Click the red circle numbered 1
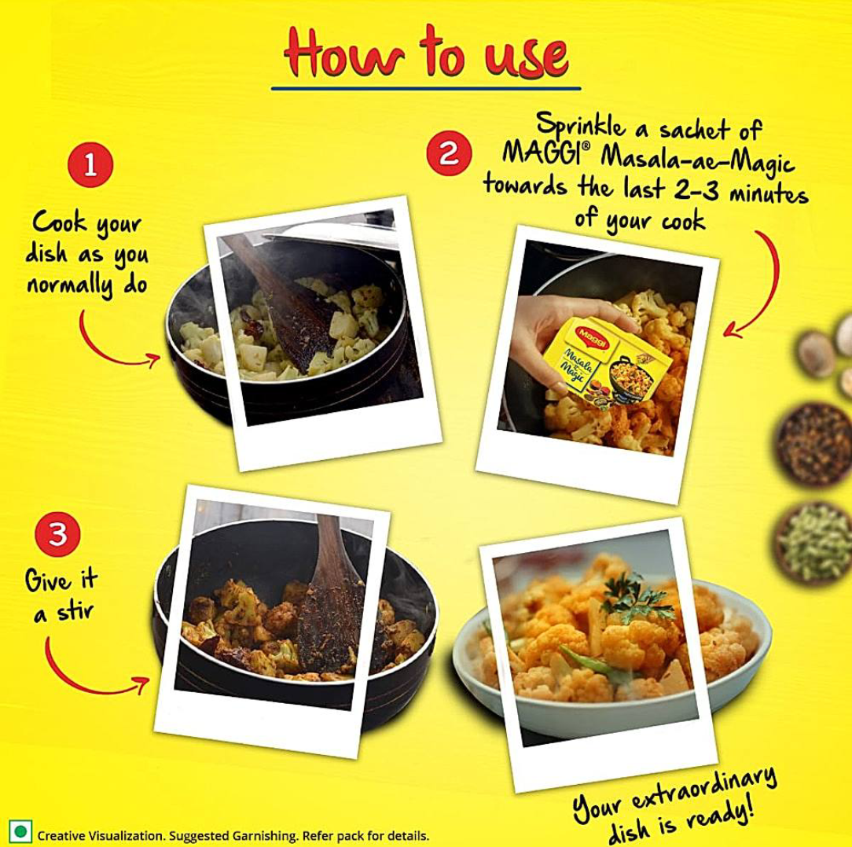tap(90, 166)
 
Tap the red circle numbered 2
tap(447, 153)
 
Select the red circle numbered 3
tap(56, 534)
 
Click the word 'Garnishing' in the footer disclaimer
tap(268, 834)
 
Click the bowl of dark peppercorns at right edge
tap(817, 440)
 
